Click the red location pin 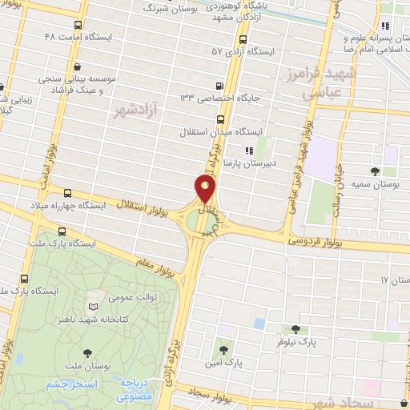coord(205,188)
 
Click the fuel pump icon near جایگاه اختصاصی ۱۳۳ coord(219,86)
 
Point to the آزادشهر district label coord(134,107)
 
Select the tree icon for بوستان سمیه coord(375,171)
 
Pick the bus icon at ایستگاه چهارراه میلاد coord(67,193)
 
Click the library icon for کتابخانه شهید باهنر coord(94,307)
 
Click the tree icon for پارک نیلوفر coord(295,329)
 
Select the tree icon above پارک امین coord(223,349)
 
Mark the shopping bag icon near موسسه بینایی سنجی coord(76,68)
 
